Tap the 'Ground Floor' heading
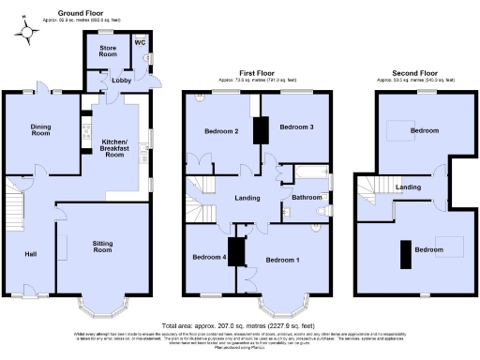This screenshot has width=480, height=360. point(82,13)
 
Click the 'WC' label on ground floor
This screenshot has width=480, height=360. point(140,42)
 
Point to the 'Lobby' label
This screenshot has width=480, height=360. point(122,81)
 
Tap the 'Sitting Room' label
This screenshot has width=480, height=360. point(102,247)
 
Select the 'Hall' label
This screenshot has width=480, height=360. point(31,253)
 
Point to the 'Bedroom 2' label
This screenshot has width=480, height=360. point(222,132)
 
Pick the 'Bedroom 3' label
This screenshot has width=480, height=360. point(295,127)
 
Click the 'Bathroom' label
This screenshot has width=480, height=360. point(306,197)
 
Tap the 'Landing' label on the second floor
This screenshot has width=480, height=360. point(408,187)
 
